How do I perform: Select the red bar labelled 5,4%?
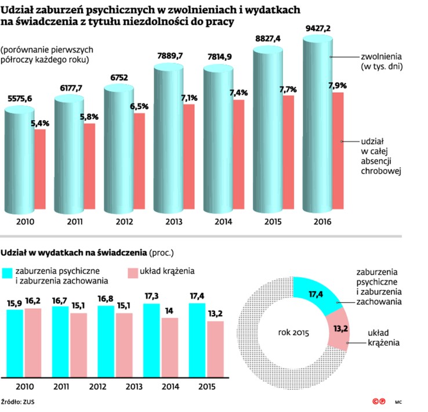pos(40,168)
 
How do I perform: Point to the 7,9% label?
pos(338,85)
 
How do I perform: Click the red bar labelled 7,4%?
pos(238,154)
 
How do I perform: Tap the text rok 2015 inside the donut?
pos(293,333)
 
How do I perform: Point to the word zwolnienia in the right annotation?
pos(382,57)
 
